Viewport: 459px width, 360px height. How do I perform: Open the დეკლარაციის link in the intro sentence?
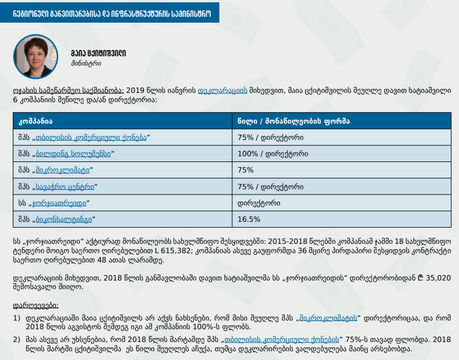(x=223, y=91)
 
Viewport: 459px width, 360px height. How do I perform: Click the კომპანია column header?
(x=35, y=121)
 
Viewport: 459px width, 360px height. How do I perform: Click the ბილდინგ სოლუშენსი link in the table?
(x=73, y=154)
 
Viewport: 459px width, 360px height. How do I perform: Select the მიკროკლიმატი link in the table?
(x=63, y=170)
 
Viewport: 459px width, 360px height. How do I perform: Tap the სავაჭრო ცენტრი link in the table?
(x=64, y=187)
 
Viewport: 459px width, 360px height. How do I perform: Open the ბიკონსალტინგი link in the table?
(x=63, y=219)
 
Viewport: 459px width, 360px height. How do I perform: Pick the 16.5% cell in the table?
(x=249, y=219)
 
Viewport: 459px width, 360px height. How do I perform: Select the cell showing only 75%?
(x=246, y=170)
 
